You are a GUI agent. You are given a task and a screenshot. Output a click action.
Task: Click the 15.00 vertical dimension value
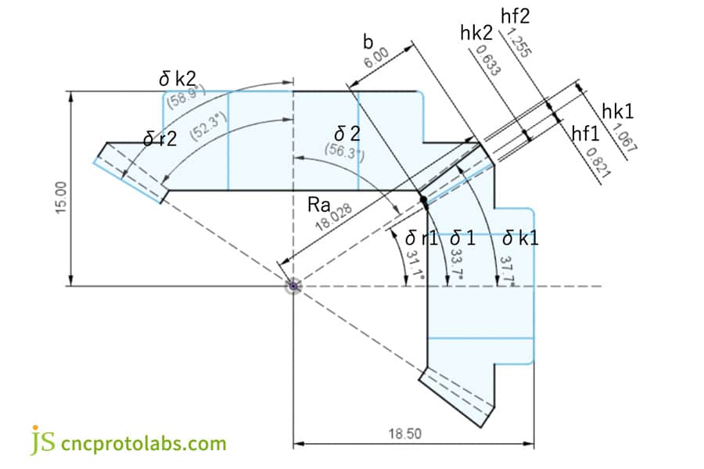pyautogui.click(x=61, y=198)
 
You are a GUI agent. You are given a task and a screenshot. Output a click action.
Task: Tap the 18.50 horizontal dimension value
pyautogui.click(x=405, y=434)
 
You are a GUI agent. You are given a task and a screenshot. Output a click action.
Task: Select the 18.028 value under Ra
pyautogui.click(x=333, y=217)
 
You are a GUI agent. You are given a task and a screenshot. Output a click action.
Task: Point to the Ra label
pyautogui.click(x=319, y=205)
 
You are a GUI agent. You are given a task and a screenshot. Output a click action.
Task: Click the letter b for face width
pyautogui.click(x=368, y=41)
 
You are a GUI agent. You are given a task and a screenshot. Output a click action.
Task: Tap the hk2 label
pyautogui.click(x=476, y=33)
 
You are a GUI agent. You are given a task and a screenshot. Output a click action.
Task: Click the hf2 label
pyautogui.click(x=515, y=16)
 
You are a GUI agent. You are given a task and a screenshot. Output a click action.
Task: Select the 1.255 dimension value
pyautogui.click(x=519, y=43)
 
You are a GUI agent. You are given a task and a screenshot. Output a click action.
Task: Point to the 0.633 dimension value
pyautogui.click(x=487, y=60)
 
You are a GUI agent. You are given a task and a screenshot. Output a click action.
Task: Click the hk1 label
pyautogui.click(x=617, y=111)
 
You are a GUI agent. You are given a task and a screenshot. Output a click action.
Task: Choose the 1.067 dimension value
pyautogui.click(x=624, y=138)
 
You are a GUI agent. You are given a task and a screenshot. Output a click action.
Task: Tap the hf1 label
pyautogui.click(x=585, y=134)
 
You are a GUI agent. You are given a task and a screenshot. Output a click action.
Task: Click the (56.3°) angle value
pyautogui.click(x=345, y=152)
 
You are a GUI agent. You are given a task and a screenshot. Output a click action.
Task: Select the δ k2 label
pyautogui.click(x=178, y=80)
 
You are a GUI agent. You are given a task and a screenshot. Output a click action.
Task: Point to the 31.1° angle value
pyautogui.click(x=415, y=265)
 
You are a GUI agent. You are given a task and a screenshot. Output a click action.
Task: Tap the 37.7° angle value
pyautogui.click(x=508, y=270)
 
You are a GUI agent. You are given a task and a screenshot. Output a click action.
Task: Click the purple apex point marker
pyautogui.click(x=293, y=286)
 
